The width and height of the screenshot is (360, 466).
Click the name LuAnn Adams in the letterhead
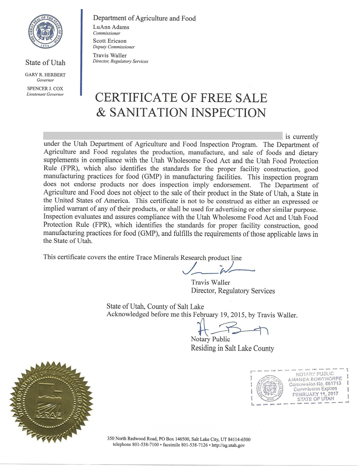pyautogui.click(x=111, y=27)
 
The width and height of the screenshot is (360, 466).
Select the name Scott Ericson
pyautogui.click(x=109, y=41)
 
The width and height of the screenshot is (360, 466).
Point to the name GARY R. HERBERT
pyautogui.click(x=45, y=75)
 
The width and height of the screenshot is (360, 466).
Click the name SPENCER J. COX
pyautogui.click(x=45, y=88)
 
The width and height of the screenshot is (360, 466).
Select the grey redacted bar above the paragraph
pyautogui.click(x=162, y=136)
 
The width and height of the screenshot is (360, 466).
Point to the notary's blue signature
pyautogui.click(x=230, y=328)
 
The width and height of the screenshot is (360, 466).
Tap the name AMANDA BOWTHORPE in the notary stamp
pyautogui.click(x=315, y=379)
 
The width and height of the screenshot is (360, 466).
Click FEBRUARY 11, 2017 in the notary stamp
pyautogui.click(x=315, y=394)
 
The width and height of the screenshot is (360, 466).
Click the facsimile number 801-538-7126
pyautogui.click(x=194, y=445)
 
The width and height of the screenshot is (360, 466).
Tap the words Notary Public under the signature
pyautogui.click(x=210, y=339)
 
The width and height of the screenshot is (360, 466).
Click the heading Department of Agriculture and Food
pyautogui.click(x=144, y=18)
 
